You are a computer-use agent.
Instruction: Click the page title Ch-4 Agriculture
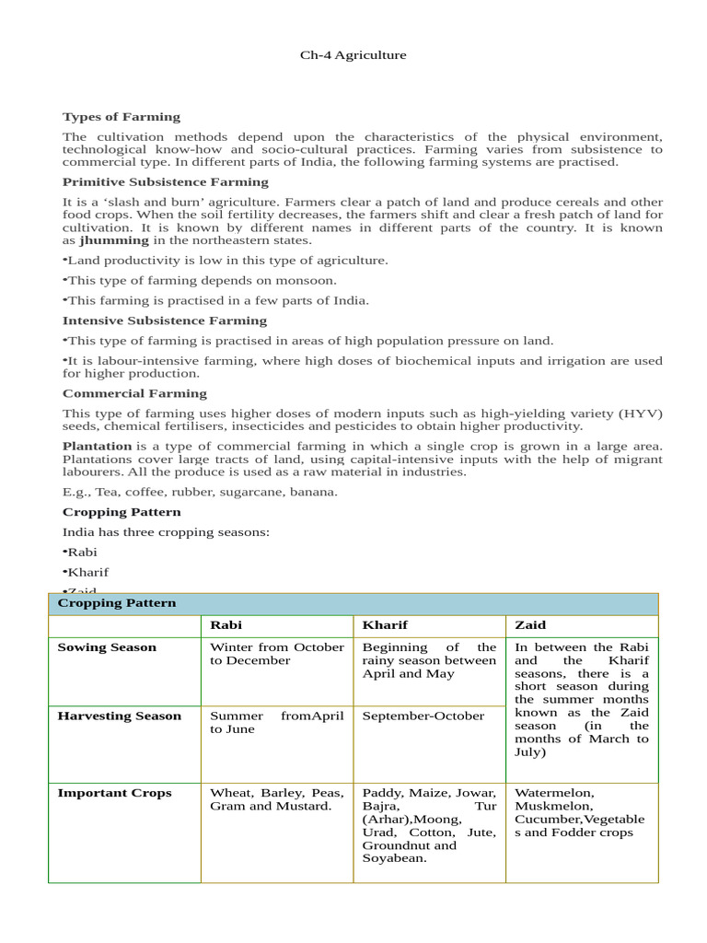click(353, 55)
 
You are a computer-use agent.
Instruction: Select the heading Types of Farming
click(121, 117)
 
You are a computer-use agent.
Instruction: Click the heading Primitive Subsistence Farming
click(165, 181)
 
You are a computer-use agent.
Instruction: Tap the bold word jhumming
click(114, 240)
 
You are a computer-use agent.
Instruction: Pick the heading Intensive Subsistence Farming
click(164, 320)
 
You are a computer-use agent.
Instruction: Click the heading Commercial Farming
click(134, 393)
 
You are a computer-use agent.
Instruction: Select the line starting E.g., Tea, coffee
click(200, 492)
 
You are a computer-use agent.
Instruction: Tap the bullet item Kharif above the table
click(87, 572)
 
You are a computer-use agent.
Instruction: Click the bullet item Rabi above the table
click(82, 552)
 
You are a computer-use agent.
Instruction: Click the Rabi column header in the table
click(226, 624)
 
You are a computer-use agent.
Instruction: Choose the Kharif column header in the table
click(385, 624)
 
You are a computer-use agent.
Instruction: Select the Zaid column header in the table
click(530, 624)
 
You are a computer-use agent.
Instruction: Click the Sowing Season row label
click(107, 647)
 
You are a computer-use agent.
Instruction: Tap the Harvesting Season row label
click(120, 716)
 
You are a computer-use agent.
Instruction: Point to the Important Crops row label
click(114, 793)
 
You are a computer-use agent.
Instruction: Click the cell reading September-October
click(423, 716)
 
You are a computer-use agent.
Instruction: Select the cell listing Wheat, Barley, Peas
click(276, 799)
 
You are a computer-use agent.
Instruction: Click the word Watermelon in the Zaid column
click(554, 793)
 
